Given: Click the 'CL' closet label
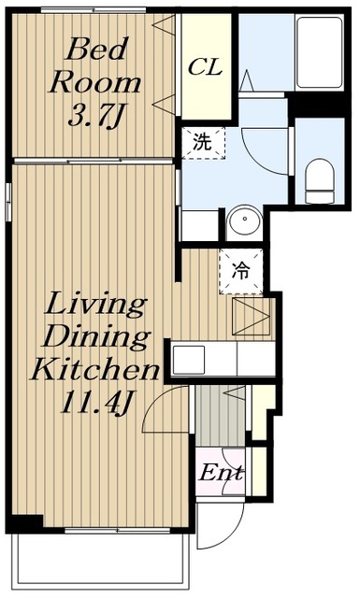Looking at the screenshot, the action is point(205,67).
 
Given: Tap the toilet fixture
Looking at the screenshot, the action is point(320,180).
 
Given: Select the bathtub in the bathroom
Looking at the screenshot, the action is point(320,52).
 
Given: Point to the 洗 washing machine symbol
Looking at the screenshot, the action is point(203,143).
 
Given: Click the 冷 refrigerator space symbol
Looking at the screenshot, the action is point(241,271).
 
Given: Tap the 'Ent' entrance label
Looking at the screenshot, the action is point(221,473).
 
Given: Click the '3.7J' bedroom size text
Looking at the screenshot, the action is point(96,116).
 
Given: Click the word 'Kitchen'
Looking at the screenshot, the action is point(94,369).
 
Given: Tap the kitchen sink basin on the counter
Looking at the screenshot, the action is point(189,360).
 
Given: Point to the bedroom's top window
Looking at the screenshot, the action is point(94,10).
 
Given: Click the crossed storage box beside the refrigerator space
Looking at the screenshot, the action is point(252,317).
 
